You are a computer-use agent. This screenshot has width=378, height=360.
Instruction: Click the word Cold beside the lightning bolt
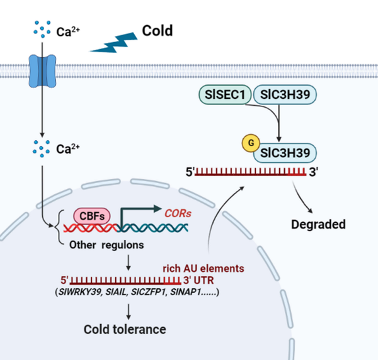[x=157, y=31]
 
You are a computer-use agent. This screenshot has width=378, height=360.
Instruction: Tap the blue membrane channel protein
[x=42, y=71]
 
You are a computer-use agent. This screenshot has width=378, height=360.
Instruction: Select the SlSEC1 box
[x=225, y=94]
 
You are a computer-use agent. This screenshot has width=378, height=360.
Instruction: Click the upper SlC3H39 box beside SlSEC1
[x=285, y=94]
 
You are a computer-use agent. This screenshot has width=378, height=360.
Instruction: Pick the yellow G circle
[x=251, y=143]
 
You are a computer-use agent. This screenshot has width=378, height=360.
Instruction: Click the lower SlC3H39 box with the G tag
[x=285, y=153]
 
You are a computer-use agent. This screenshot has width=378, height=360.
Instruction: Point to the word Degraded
[x=318, y=224]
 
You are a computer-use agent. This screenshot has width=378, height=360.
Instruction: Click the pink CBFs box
[x=92, y=216]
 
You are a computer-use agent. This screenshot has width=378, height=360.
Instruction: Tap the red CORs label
[x=178, y=213]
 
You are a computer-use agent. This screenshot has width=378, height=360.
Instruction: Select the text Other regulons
[x=106, y=245]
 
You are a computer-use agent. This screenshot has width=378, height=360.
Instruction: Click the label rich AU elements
[x=203, y=268]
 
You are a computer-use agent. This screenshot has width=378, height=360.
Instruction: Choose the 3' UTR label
[x=198, y=280]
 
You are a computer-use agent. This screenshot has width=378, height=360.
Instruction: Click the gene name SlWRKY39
[x=80, y=292]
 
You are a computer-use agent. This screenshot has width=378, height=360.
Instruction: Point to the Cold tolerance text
[x=125, y=329]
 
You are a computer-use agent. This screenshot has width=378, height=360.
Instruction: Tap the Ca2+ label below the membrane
[x=68, y=149]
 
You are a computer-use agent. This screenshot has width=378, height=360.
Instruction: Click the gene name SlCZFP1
[x=149, y=292]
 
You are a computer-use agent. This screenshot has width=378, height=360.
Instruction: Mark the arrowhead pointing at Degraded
[x=310, y=210]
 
